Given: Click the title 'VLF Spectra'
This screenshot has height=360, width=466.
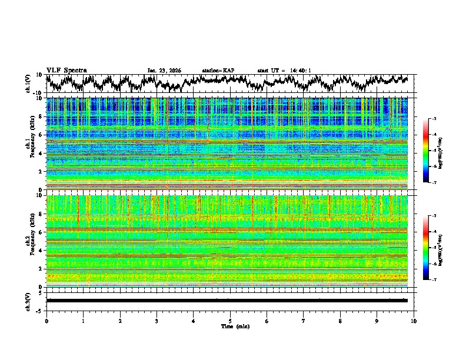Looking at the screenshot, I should pos(66,70).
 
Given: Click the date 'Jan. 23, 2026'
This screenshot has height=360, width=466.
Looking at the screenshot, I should pos(164,71).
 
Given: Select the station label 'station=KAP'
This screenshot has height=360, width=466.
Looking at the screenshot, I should pos(218,71).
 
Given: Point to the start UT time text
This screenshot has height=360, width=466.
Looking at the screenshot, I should pos(284,71).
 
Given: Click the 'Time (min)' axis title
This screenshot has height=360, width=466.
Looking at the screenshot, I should pos(230,326).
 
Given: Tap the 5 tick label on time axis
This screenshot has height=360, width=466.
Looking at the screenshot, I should pos(230,321).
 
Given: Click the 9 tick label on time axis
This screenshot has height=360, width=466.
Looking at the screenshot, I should pos(377,321).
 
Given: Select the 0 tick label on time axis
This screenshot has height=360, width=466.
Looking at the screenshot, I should pos(46,321).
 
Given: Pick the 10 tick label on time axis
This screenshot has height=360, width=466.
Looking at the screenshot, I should pos(414,321).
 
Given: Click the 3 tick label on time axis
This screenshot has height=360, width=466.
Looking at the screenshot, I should pos(157,321).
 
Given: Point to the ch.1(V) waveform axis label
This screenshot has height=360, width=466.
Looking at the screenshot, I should pos(29,84).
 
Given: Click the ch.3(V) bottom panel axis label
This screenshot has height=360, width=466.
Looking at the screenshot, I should pos(29,300).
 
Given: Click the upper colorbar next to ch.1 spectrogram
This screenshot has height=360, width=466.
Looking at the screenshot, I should pos(425,151).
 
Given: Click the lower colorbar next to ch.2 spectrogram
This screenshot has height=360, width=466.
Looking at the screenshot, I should pos(425,248).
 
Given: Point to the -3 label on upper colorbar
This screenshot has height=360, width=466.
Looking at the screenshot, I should pos(433,119).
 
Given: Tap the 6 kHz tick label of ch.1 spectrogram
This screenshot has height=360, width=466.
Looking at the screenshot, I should pos(41,135).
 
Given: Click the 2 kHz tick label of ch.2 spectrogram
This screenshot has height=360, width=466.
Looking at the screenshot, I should pos(41,269).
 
